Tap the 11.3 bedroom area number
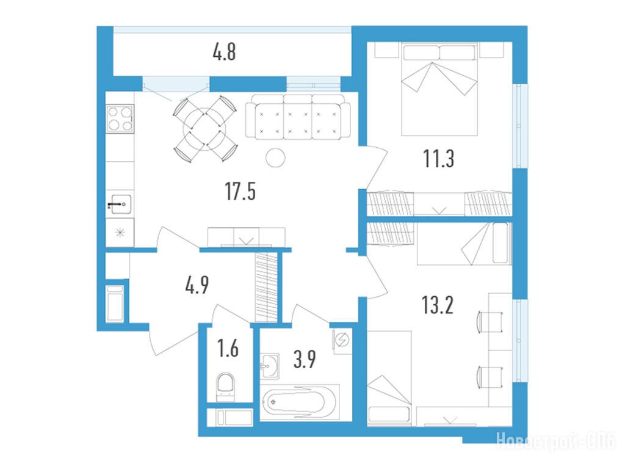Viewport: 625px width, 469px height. [x=438, y=158]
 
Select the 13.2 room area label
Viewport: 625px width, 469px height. [x=438, y=305]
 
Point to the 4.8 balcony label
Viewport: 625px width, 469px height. [x=225, y=52]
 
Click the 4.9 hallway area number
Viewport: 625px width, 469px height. [x=197, y=285]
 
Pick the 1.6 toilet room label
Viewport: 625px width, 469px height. [x=228, y=347]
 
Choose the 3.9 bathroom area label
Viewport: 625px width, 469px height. [x=305, y=359]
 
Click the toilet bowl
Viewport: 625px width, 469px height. [x=226, y=387]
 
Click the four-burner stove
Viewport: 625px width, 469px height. [x=120, y=118]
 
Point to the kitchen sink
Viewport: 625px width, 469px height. [x=120, y=204]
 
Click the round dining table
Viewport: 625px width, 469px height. [x=204, y=128]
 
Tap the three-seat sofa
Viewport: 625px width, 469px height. [x=298, y=117]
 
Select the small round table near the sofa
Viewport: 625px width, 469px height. [x=275, y=158]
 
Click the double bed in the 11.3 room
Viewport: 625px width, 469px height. [x=439, y=89]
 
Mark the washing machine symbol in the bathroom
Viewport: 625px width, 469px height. [x=342, y=340]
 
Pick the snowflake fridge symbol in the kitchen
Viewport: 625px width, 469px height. [x=120, y=232]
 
